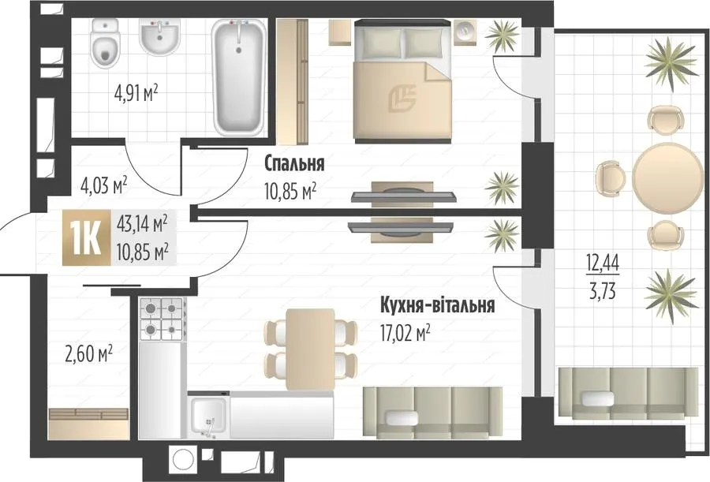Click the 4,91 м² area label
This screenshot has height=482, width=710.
tap(136, 94)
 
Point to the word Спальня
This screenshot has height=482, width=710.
tap(294, 163)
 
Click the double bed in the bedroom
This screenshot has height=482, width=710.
tap(403, 80)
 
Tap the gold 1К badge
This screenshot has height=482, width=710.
tap(86, 237)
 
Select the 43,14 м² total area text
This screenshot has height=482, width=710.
tap(143, 224)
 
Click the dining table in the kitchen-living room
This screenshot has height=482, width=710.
tap(311, 349)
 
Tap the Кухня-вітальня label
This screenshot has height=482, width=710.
tap(437, 305)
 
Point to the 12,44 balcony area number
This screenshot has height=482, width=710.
tap(603, 262)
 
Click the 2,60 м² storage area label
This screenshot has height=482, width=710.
tap(89, 353)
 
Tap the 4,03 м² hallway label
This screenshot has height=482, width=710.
tap(103, 185)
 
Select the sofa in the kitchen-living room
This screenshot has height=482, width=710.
tap(432, 413)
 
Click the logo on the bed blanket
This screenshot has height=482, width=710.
tap(402, 99)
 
